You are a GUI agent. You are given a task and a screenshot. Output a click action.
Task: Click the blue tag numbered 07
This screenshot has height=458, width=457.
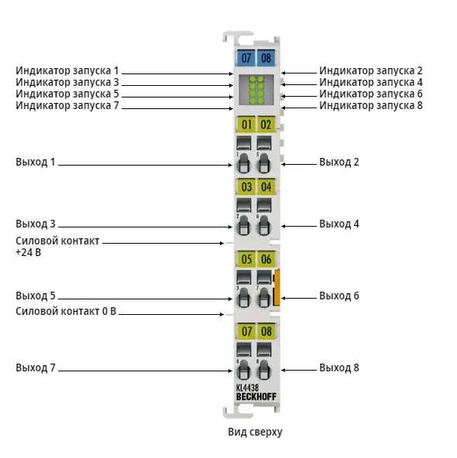click(246, 57)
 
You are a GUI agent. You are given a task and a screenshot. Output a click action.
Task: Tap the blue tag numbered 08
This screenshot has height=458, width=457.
click(266, 57)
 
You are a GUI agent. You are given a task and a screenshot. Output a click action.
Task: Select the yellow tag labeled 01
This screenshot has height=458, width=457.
click(246, 125)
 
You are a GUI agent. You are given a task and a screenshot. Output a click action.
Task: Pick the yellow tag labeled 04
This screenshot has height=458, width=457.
click(266, 186)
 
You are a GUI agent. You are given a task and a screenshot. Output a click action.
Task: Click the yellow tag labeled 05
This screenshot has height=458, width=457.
click(246, 259)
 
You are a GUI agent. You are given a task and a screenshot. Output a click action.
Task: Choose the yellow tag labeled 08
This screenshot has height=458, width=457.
click(266, 331)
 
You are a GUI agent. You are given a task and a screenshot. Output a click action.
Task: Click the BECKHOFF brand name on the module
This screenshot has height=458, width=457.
click(256, 397)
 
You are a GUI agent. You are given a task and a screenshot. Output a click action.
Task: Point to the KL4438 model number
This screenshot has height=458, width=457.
click(247, 388)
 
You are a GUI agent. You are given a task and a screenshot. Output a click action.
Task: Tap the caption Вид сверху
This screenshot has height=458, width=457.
click(256, 432)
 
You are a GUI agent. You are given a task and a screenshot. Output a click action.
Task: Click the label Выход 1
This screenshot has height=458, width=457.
click(36, 162)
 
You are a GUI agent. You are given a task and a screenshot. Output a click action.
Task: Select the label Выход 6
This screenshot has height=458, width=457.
click(338, 296)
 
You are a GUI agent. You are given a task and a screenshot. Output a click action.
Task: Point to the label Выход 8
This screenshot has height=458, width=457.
click(338, 367)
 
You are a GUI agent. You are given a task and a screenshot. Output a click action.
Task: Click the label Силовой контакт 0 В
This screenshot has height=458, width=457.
click(66, 311)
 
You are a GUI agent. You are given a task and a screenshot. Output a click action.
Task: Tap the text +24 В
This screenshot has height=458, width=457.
click(28, 252)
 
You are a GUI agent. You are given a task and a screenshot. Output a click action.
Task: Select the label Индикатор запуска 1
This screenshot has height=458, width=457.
click(67, 70)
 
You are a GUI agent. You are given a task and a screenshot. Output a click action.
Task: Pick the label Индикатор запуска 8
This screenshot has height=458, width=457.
click(371, 105)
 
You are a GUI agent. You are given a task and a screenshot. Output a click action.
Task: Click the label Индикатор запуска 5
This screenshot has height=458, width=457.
click(67, 94)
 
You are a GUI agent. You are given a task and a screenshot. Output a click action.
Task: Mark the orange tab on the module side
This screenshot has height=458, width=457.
click(277, 288)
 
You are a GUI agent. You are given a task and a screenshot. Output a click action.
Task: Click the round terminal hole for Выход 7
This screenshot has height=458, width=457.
click(243, 370)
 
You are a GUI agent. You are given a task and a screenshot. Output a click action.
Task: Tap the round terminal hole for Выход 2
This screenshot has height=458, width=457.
click(263, 163)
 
